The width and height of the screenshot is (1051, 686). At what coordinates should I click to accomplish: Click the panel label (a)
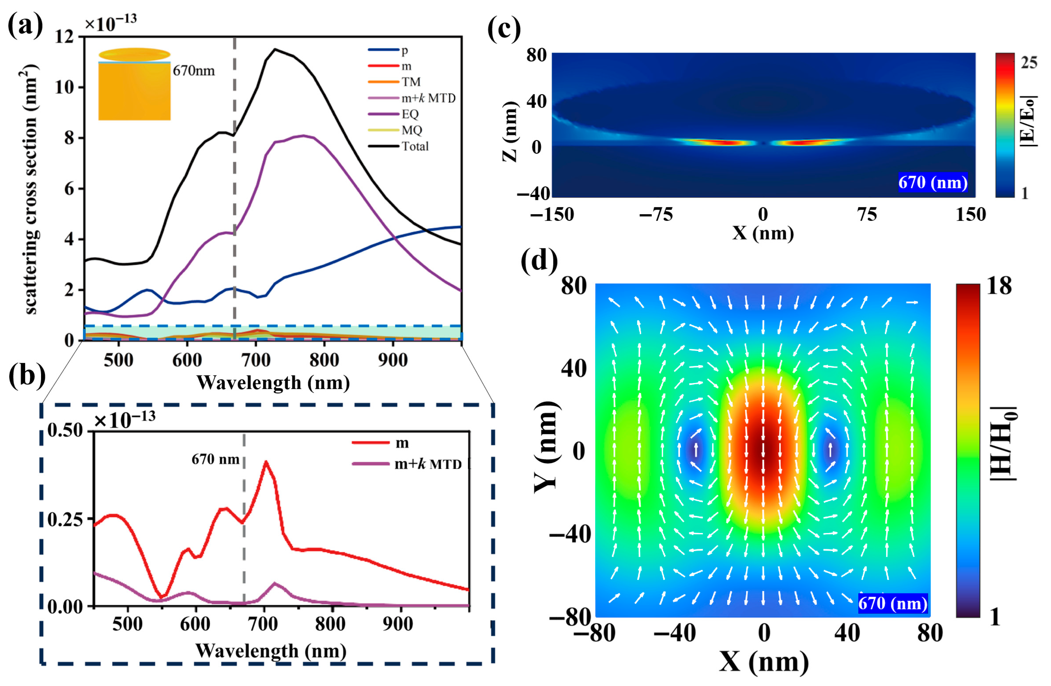[x=25, y=26]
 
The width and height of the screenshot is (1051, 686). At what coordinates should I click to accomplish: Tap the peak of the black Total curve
[x=275, y=49]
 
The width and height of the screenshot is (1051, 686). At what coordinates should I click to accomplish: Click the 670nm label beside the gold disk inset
[x=193, y=71]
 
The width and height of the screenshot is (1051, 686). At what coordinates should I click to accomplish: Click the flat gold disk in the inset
[x=134, y=54]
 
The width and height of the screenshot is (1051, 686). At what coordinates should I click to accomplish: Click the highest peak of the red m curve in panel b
[x=265, y=462]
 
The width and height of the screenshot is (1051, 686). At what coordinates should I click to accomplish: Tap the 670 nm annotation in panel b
[x=215, y=459]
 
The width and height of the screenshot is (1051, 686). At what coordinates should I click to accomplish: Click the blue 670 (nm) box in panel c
[x=933, y=182]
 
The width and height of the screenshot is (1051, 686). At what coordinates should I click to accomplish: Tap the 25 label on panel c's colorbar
[x=1029, y=63]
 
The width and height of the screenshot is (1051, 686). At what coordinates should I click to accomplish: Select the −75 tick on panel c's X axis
[x=656, y=215]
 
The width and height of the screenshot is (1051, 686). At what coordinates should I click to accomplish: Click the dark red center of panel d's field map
[x=763, y=451]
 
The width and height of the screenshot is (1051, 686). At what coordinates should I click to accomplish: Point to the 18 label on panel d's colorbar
[x=999, y=286]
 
